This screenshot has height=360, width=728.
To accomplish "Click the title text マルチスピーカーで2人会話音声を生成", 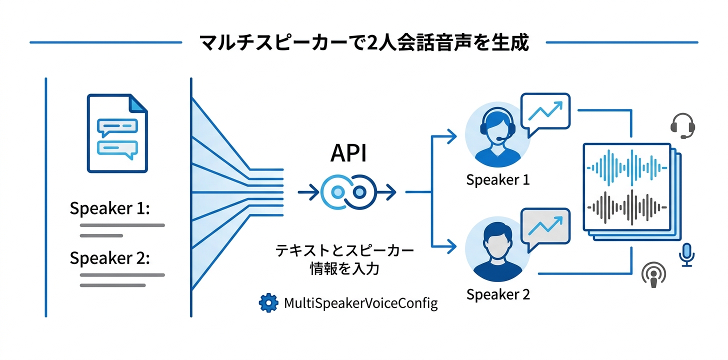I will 363,42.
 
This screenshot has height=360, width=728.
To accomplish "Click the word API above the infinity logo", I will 348,154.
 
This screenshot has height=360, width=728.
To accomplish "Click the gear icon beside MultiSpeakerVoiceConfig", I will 268,302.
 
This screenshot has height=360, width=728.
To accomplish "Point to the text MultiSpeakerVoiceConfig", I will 360,303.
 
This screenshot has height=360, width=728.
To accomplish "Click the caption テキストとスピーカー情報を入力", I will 345,259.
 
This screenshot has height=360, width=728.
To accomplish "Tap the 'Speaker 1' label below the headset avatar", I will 497,180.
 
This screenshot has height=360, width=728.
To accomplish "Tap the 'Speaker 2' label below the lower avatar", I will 497,294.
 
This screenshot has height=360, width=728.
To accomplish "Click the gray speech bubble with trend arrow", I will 545,227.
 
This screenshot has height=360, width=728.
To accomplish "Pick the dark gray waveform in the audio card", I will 628,205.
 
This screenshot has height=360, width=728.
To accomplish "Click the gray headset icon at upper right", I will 682,125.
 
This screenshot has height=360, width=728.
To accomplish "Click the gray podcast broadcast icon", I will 654,275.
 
